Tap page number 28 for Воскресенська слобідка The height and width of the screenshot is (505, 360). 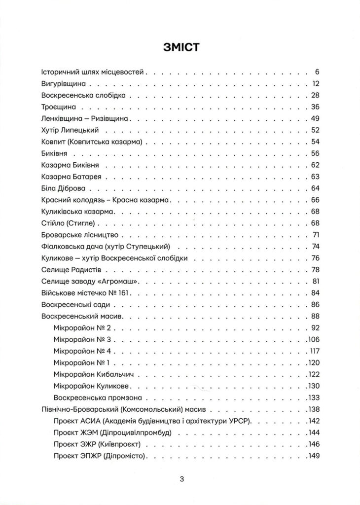pyautogui.click(x=316, y=95)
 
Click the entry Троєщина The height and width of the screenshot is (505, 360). pyautogui.click(x=56, y=107)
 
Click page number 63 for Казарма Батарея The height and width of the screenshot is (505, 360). pyautogui.click(x=316, y=176)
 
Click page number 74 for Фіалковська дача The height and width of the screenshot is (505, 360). pyautogui.click(x=316, y=246)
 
